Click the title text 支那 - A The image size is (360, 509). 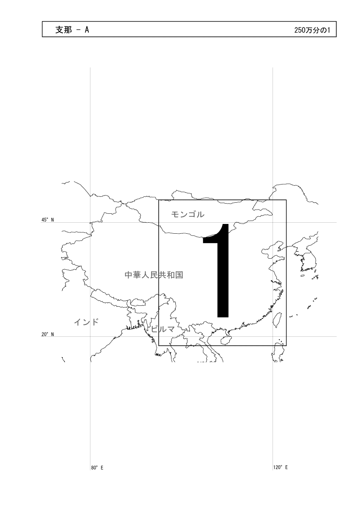(x=72, y=30)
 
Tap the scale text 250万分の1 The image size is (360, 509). (x=312, y=30)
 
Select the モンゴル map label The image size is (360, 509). (x=188, y=214)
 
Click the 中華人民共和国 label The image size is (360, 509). (x=154, y=275)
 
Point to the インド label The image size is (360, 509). (x=87, y=322)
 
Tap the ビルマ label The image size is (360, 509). (x=163, y=329)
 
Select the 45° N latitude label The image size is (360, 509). (x=48, y=220)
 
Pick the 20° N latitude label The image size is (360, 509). (x=48, y=334)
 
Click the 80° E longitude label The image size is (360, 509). (x=97, y=467)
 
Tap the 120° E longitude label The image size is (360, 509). (x=281, y=467)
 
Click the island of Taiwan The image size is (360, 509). (x=278, y=320)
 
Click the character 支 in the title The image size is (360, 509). (x=59, y=30)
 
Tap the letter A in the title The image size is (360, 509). (x=87, y=30)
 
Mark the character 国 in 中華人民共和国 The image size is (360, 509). (x=179, y=275)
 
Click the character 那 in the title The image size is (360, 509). (x=68, y=30)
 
